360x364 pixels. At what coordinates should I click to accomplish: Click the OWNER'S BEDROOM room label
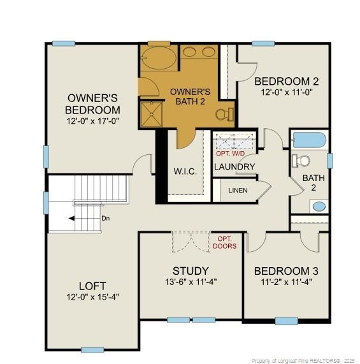click(x=93, y=103)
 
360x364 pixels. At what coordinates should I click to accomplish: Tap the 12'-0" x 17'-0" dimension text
click(x=93, y=120)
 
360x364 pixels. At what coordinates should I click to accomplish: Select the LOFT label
click(x=92, y=286)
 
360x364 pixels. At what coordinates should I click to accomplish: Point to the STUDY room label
click(x=191, y=271)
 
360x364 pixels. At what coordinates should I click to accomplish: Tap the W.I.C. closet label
click(x=185, y=172)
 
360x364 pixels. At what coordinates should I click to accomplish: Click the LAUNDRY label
click(x=234, y=167)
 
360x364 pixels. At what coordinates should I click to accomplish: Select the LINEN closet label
click(x=238, y=191)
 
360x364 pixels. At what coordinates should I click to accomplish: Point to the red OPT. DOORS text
click(x=226, y=242)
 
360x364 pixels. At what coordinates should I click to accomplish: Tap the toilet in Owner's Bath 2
click(x=223, y=115)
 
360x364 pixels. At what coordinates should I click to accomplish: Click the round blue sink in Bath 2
click(x=319, y=206)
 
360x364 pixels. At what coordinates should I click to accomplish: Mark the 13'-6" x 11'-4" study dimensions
click(x=191, y=282)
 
